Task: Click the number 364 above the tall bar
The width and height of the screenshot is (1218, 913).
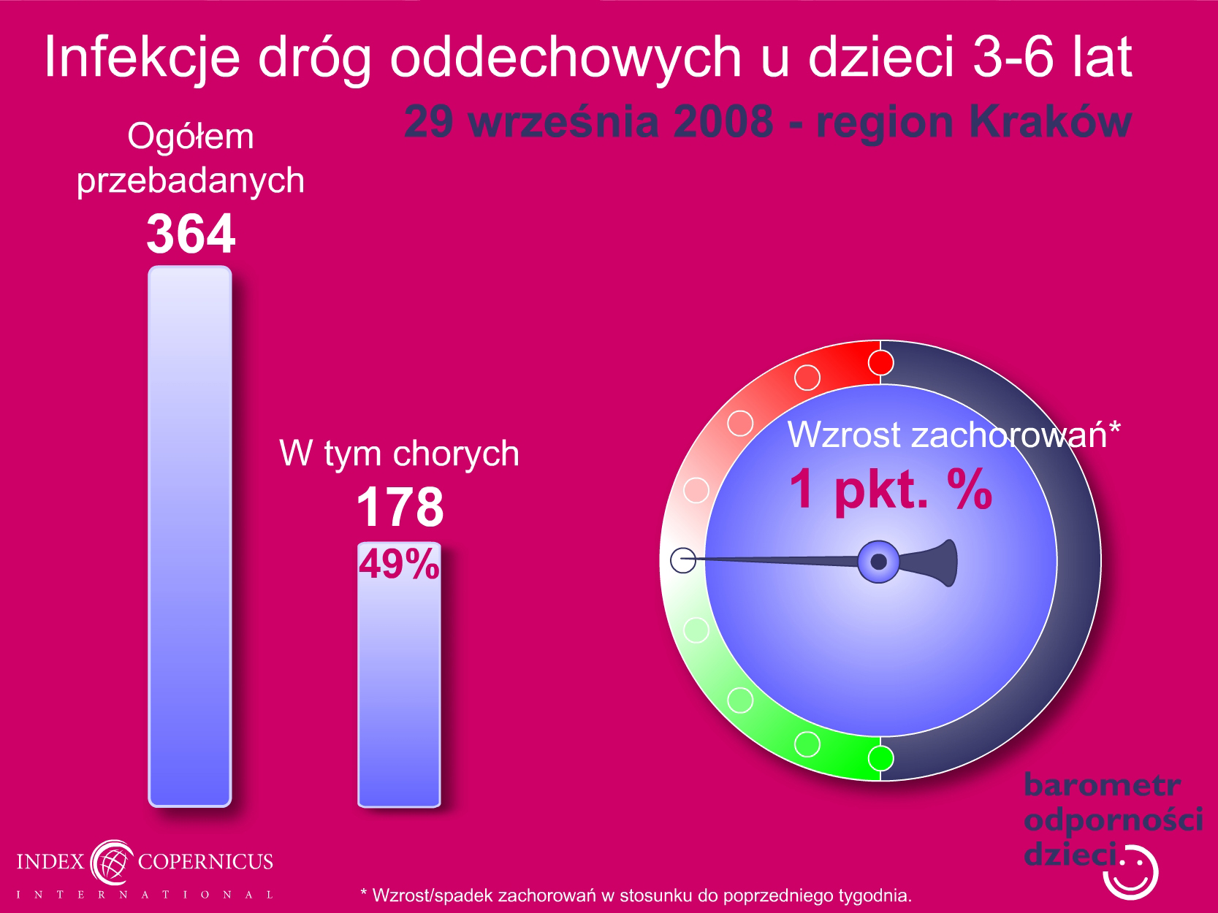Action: pos(191,234)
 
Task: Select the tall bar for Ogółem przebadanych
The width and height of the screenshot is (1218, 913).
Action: pos(190,536)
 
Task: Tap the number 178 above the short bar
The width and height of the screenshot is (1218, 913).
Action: pos(400,506)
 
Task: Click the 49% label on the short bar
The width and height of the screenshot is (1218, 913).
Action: pos(399,564)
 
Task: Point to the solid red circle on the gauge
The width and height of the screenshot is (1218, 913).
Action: pos(880,363)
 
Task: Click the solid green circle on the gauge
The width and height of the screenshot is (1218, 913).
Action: pos(880,758)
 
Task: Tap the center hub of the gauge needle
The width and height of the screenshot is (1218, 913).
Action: pos(878,562)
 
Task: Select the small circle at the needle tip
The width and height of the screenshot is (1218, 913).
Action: pos(683,560)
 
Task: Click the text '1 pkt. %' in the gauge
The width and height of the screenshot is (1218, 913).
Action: pos(891,489)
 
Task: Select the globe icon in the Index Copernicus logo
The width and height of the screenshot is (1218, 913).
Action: pos(112,862)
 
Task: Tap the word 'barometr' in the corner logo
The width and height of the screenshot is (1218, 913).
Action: pos(1103,785)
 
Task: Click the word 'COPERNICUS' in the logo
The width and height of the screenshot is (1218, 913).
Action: pos(205,861)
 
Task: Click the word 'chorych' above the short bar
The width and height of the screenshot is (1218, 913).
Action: pos(456,454)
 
